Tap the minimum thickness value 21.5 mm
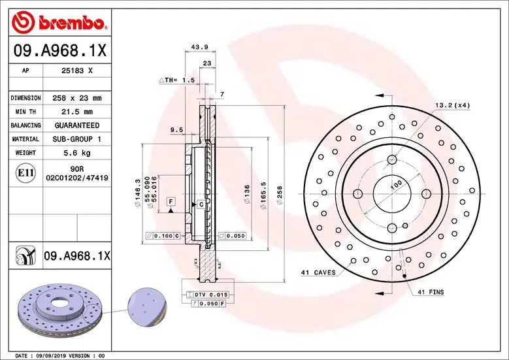click(x=73, y=112)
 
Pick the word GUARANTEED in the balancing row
click(x=78, y=125)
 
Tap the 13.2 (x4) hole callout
click(x=453, y=105)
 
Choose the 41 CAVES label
click(x=318, y=272)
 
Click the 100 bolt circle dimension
click(x=395, y=186)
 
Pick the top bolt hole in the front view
click(x=391, y=159)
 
